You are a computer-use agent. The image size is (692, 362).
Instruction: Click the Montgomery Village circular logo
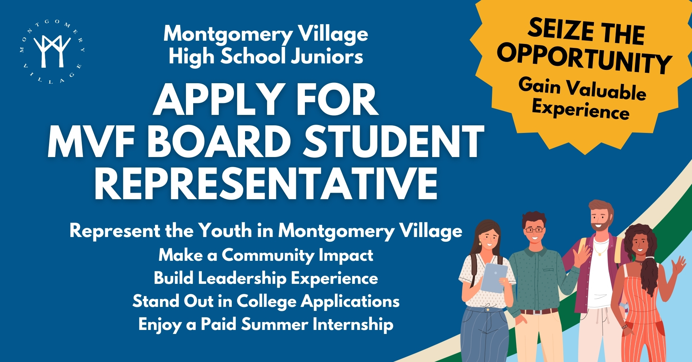(x=52, y=52)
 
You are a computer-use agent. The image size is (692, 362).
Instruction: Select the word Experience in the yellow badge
(x=581, y=109)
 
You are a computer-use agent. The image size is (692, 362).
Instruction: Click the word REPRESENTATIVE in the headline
(x=266, y=183)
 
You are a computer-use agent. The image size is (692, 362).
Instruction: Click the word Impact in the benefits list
(x=346, y=255)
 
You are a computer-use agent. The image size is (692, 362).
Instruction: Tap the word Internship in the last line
(x=353, y=324)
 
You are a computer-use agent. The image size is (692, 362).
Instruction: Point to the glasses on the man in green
(x=534, y=229)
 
